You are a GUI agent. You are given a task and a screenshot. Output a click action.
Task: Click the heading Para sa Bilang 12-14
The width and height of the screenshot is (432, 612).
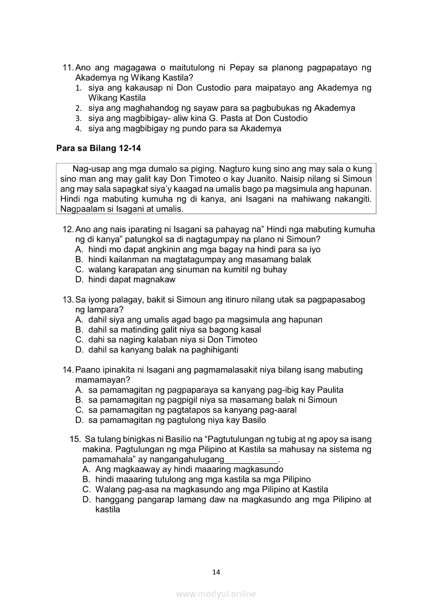tap(98, 148)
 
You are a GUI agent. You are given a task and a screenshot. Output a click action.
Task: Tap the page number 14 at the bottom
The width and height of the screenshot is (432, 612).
tap(216, 572)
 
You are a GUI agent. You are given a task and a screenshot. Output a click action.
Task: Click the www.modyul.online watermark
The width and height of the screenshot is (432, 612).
tap(216, 594)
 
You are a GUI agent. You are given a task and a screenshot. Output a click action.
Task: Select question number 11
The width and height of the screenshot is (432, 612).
tap(68, 68)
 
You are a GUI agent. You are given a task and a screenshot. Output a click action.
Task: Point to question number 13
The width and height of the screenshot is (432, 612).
tap(68, 299)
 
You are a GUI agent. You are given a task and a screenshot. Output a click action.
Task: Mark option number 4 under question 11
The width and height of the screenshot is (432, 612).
tap(77, 128)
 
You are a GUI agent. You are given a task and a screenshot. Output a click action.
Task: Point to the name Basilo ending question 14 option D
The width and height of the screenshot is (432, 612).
tap(253, 420)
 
